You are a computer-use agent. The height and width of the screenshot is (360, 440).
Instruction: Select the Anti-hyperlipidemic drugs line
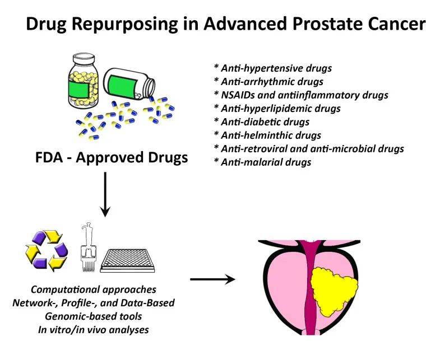[x=277, y=109]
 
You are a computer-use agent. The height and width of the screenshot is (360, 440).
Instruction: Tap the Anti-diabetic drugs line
[x=262, y=122]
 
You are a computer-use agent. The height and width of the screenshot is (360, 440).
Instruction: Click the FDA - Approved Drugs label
[x=109, y=157]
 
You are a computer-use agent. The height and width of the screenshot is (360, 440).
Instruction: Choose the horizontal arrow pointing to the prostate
[x=212, y=279]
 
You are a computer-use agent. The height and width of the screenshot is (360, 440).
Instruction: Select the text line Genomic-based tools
[x=93, y=316]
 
